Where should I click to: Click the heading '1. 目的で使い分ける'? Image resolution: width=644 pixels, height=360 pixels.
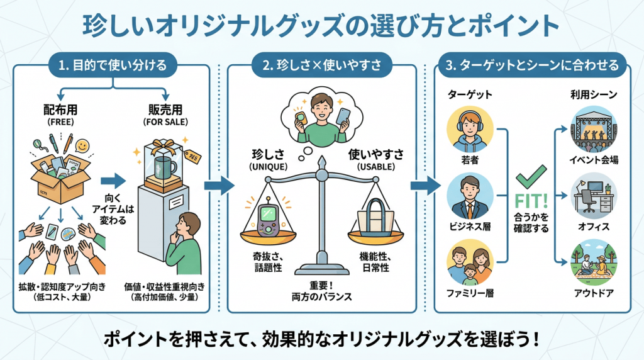[113, 65]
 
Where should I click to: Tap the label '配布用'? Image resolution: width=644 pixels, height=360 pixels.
[60, 110]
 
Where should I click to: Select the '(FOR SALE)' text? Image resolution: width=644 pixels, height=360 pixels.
[165, 122]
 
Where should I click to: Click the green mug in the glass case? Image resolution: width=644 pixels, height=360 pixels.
[165, 167]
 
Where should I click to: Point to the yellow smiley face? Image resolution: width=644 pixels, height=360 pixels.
[82, 146]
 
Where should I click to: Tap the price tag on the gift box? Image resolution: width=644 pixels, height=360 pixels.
[192, 156]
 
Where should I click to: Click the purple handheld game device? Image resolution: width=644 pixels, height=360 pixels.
[268, 217]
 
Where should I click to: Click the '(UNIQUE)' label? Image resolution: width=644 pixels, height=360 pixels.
[268, 167]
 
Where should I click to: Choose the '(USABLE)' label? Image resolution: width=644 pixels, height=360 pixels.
[376, 167]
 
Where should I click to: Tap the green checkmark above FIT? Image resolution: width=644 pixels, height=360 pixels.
[531, 176]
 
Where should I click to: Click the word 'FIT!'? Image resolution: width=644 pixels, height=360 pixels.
[531, 201]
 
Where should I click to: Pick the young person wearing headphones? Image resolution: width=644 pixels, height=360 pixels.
[470, 129]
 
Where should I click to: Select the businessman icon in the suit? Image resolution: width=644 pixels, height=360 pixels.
[470, 196]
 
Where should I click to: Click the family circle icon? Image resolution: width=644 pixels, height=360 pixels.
[470, 262]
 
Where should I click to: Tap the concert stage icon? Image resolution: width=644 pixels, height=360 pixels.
[594, 129]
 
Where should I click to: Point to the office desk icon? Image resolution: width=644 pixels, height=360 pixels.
[594, 196]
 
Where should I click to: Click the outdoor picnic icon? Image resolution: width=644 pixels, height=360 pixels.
[594, 262]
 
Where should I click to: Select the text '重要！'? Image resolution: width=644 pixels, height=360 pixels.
[321, 285]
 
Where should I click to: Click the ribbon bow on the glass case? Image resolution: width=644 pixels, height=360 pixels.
[164, 145]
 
